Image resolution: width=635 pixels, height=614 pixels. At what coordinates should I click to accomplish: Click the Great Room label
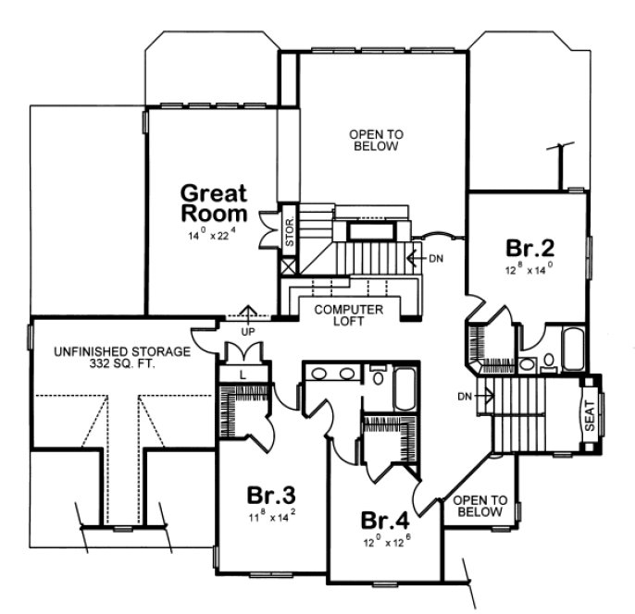coord(213,203)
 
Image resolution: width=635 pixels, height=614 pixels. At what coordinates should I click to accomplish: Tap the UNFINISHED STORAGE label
coord(121,351)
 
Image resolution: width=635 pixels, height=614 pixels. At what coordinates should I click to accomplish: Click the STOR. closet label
coord(288,227)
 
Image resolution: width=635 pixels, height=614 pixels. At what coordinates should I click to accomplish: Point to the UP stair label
coord(247,329)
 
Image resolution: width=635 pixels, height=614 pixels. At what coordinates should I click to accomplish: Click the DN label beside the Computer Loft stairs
coord(437,257)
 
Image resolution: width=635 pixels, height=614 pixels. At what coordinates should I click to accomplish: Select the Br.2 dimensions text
coord(529,271)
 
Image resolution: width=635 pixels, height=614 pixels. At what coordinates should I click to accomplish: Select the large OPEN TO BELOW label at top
coord(374,141)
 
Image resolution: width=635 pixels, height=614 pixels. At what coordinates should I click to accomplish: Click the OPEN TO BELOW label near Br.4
coord(478,505)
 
